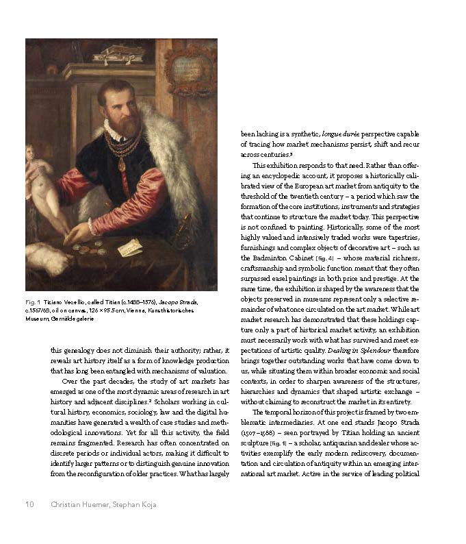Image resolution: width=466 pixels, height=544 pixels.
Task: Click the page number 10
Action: tap(29, 505)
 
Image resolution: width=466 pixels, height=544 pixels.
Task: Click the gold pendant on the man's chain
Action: tap(121, 164)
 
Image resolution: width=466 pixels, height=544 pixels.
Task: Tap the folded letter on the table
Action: tap(129, 247)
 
